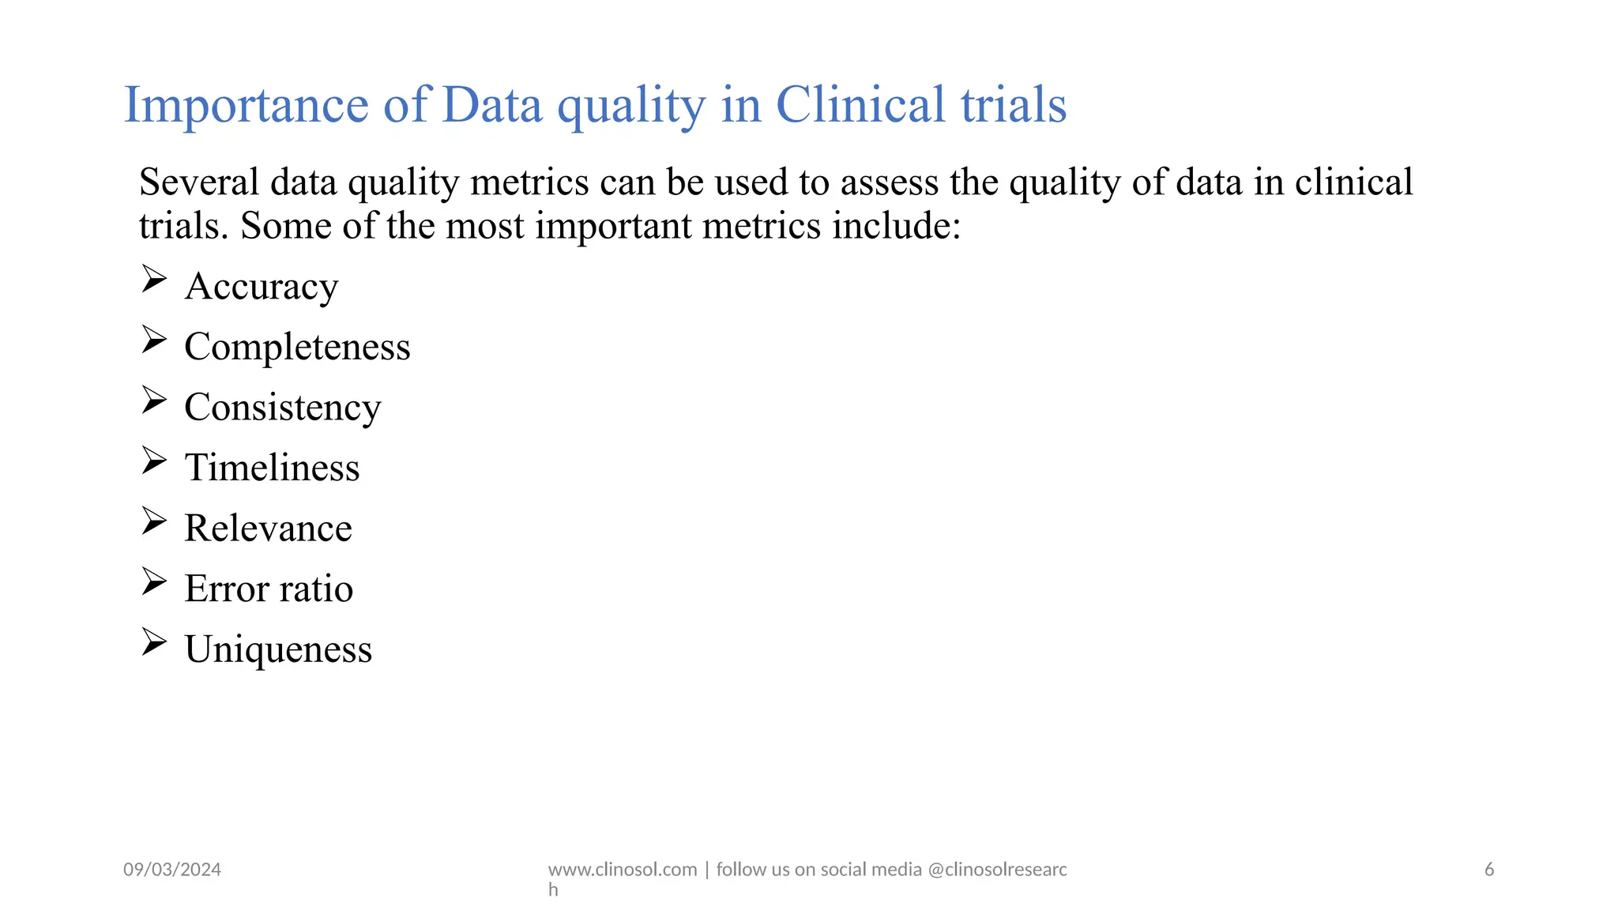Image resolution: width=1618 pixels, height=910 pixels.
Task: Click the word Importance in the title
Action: click(x=246, y=105)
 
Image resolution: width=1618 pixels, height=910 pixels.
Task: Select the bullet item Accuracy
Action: click(x=262, y=286)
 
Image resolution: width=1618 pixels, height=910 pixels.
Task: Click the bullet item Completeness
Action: click(x=297, y=347)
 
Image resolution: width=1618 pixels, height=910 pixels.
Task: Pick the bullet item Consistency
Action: click(x=282, y=408)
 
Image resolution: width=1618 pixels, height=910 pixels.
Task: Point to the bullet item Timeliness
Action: click(x=272, y=468)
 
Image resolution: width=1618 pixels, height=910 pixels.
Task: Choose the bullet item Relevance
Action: click(x=268, y=528)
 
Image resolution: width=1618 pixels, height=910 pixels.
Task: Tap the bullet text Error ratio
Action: click(x=269, y=589)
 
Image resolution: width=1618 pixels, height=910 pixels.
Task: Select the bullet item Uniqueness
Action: click(x=278, y=649)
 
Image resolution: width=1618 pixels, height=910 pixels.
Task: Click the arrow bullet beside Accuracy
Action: click(x=154, y=280)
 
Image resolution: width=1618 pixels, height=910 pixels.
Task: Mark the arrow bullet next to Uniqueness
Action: click(x=154, y=642)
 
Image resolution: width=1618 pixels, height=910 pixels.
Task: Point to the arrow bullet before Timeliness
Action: click(x=154, y=461)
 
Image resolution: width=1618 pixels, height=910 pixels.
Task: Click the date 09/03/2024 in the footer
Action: click(x=172, y=870)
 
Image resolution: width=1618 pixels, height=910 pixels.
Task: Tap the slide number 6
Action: click(x=1489, y=870)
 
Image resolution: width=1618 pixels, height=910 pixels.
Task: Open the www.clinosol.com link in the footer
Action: click(x=623, y=870)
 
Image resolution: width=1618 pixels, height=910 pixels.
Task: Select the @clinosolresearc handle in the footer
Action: click(x=997, y=870)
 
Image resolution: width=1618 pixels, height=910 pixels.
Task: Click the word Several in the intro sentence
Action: click(x=199, y=182)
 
